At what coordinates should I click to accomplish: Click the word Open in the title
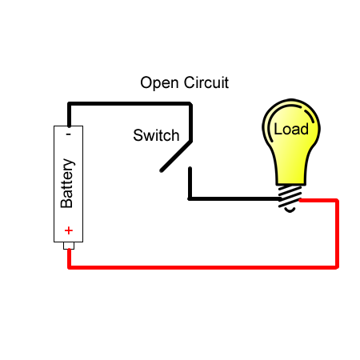pos(158,82)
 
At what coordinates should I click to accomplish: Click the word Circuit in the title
pos(206,82)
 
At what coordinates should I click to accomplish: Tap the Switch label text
pos(156,135)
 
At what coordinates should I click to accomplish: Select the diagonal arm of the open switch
pos(176,156)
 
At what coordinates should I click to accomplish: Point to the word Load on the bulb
pos(290,129)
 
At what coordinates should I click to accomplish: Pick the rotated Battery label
pos(68,183)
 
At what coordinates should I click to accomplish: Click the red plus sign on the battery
pos(69,231)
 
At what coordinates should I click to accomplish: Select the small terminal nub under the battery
pos(69,246)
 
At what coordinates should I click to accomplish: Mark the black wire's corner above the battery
pos(70,104)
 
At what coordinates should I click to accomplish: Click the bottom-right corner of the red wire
pos(337,266)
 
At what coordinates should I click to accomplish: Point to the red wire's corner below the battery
pos(70,266)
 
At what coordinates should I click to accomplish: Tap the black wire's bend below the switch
pos(190,198)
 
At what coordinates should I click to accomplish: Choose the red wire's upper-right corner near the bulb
pos(337,201)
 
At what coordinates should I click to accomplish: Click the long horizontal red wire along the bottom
pos(200,266)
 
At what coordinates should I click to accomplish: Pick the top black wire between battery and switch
pos(128,104)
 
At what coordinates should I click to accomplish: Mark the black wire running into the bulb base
pos(236,198)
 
